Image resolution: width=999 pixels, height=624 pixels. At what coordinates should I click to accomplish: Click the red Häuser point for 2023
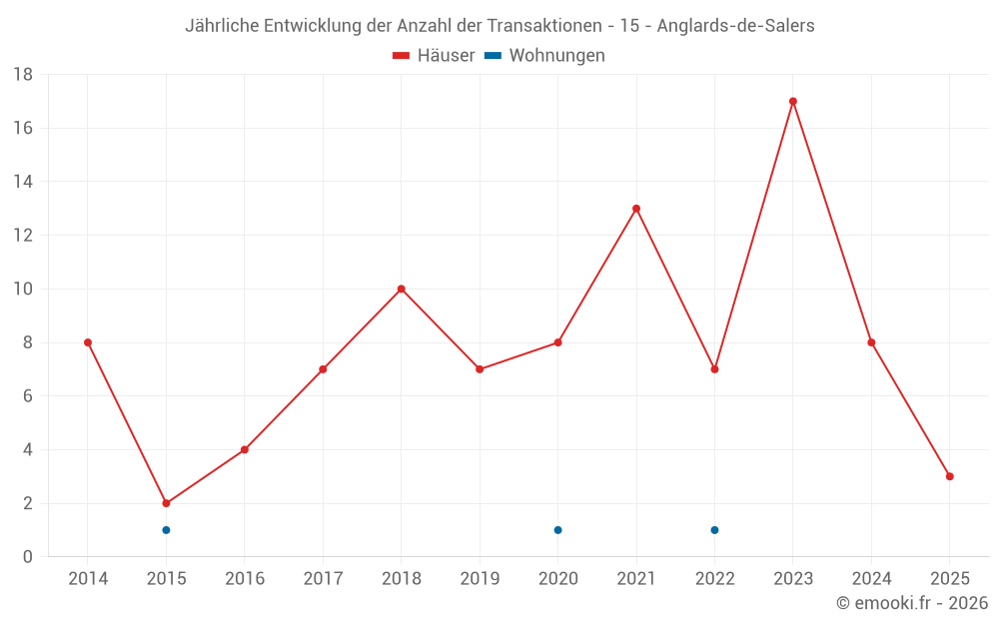pyautogui.click(x=793, y=101)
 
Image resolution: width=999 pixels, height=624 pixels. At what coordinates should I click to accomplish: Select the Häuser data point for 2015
pyautogui.click(x=166, y=503)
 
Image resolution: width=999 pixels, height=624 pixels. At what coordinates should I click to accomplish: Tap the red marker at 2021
pyautogui.click(x=636, y=209)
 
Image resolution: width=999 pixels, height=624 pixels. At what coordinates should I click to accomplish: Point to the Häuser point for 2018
pyautogui.click(x=401, y=289)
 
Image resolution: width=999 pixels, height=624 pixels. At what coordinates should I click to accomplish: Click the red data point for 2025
pyautogui.click(x=950, y=476)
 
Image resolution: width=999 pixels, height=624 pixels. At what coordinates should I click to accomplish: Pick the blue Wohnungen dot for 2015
pyautogui.click(x=166, y=530)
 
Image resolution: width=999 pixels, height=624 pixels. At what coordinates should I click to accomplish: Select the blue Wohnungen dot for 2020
pyautogui.click(x=557, y=530)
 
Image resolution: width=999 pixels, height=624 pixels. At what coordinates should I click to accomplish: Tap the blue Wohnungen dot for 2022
pyautogui.click(x=714, y=530)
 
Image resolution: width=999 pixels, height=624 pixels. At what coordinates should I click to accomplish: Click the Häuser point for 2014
pyautogui.click(x=88, y=342)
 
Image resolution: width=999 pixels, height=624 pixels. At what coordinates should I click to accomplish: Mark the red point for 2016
pyautogui.click(x=245, y=449)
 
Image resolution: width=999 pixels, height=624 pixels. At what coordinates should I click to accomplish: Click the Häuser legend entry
pyautogui.click(x=434, y=56)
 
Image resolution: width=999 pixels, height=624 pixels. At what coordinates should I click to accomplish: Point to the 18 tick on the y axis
pyautogui.click(x=23, y=74)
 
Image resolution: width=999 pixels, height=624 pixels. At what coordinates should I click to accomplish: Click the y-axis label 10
pyautogui.click(x=23, y=289)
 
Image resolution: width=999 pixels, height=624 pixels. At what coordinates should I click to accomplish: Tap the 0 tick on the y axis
pyautogui.click(x=28, y=557)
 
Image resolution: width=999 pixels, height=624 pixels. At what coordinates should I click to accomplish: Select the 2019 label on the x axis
pyautogui.click(x=480, y=579)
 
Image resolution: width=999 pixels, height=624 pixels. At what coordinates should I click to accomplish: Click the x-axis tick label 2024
pyautogui.click(x=871, y=579)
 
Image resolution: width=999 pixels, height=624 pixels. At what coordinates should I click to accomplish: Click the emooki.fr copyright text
pyautogui.click(x=911, y=603)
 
